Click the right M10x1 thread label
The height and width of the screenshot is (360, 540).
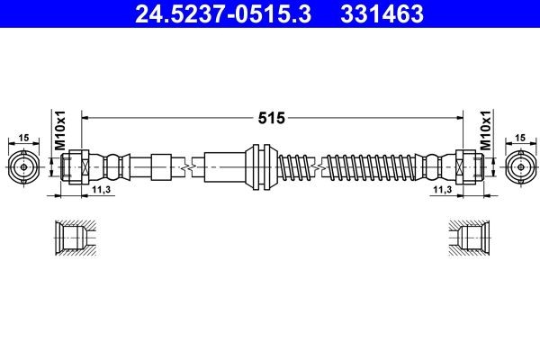click(485, 131)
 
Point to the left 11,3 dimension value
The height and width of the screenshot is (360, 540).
click(102, 190)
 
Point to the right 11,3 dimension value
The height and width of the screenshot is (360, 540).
click(440, 190)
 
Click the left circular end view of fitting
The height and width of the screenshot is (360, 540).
click(23, 167)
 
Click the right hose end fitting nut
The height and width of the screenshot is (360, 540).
click(467, 167)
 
